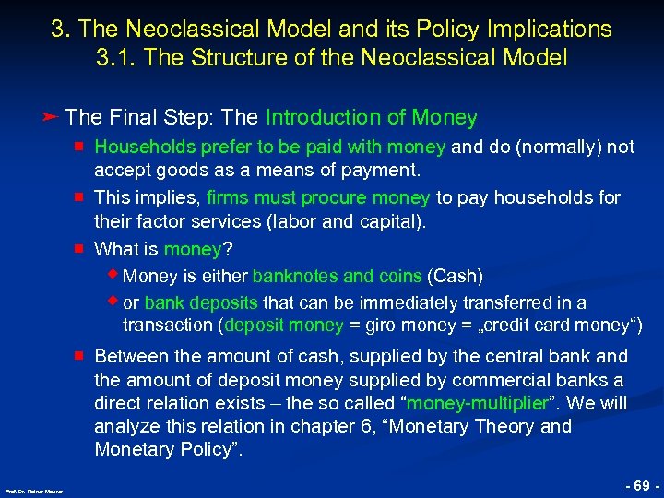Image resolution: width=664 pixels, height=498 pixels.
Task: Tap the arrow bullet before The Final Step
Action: tap(52, 117)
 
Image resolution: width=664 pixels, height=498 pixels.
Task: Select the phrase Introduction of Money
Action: tap(371, 118)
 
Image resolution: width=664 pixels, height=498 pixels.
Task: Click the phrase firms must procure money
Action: tap(318, 197)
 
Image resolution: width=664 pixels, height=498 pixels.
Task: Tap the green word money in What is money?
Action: tap(193, 250)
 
